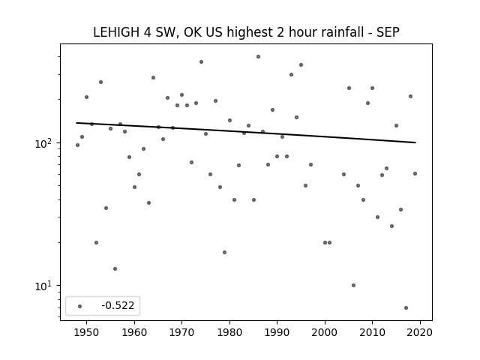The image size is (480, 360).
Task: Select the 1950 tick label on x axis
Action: [86, 332]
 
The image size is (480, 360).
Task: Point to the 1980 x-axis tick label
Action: [229, 332]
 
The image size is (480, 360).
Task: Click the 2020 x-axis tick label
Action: [420, 332]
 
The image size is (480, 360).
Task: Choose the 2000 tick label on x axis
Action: [325, 332]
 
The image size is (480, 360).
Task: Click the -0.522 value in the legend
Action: [118, 305]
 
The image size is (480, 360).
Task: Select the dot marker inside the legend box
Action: [80, 306]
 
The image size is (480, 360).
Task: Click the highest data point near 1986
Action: [258, 57]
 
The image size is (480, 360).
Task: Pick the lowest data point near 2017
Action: [406, 307]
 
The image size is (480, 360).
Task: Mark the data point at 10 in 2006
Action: [353, 285]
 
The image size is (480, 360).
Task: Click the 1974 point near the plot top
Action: [201, 61]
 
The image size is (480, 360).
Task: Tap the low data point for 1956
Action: [115, 268]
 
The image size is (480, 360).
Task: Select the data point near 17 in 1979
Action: [225, 252]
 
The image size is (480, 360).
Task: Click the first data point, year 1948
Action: [77, 145]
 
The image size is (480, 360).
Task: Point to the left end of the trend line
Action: [76, 123]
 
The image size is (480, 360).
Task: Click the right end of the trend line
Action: [415, 142]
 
